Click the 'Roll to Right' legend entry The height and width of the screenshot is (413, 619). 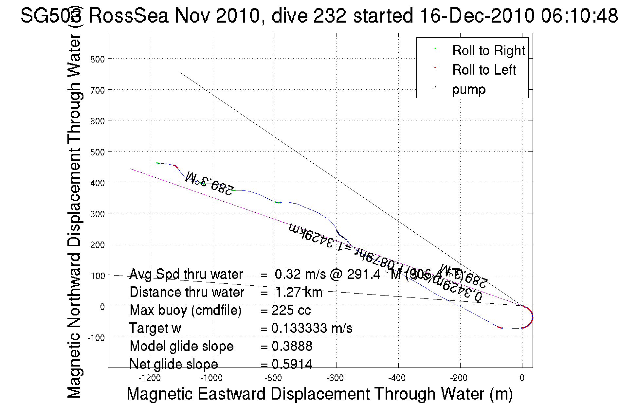point(488,51)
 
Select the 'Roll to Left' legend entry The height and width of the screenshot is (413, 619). point(484,70)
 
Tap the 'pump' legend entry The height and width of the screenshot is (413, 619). point(469,89)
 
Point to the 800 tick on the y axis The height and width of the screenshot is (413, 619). point(98,59)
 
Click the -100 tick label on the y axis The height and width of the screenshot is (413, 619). point(96,337)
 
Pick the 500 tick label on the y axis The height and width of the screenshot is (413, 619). point(98,152)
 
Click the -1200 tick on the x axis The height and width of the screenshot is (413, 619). point(150,378)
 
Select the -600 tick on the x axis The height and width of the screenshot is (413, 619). point(335,378)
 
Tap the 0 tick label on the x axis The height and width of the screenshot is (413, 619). point(522,378)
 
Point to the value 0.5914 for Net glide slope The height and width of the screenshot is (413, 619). point(292,364)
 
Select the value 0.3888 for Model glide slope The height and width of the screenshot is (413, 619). point(292,346)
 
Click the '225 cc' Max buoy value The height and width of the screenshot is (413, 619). point(291,310)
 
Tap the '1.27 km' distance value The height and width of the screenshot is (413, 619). point(299,292)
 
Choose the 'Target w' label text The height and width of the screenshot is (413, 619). point(155,328)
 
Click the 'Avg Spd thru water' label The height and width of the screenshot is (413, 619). point(186,274)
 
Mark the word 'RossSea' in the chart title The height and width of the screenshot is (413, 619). point(129,15)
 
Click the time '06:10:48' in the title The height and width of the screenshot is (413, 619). point(579,15)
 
